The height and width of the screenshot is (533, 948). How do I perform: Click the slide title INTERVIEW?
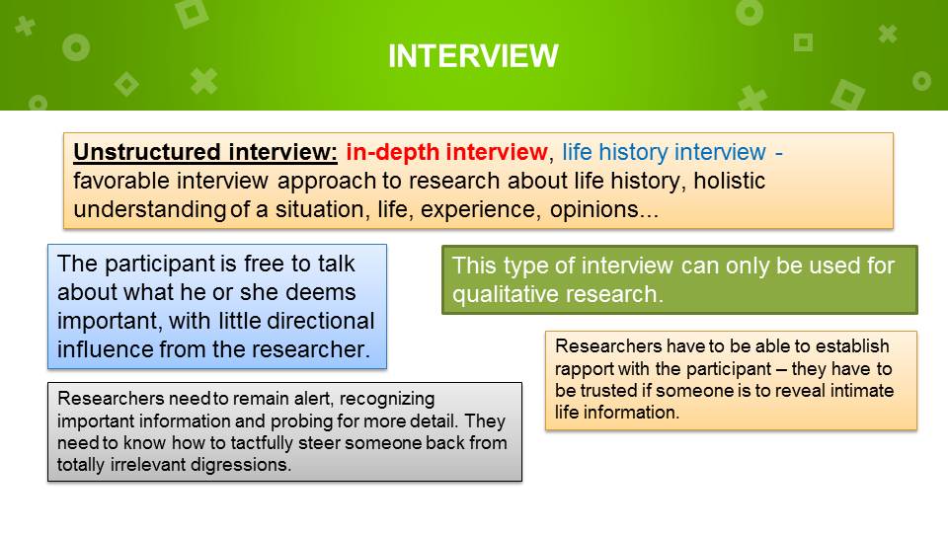point(473,56)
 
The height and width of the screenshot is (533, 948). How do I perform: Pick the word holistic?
point(729,181)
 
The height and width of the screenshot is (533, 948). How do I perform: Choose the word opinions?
point(594,209)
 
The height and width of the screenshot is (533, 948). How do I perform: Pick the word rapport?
point(584,369)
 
